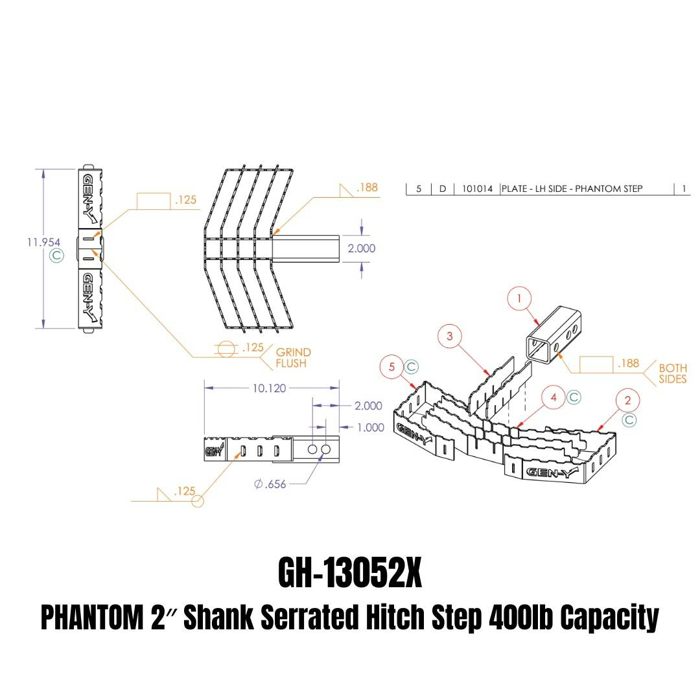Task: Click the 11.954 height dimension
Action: tap(43, 242)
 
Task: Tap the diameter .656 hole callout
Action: tap(270, 483)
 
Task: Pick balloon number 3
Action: tap(449, 336)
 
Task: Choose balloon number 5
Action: tap(391, 367)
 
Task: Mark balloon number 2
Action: tap(627, 400)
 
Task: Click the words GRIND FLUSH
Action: tap(293, 358)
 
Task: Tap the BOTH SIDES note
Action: tap(672, 373)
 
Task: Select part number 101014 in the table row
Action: tap(477, 189)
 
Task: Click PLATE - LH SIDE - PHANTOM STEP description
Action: tap(572, 189)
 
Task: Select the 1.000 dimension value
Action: tap(370, 428)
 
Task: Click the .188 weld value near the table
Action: tap(366, 188)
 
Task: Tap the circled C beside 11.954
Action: tap(57, 255)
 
